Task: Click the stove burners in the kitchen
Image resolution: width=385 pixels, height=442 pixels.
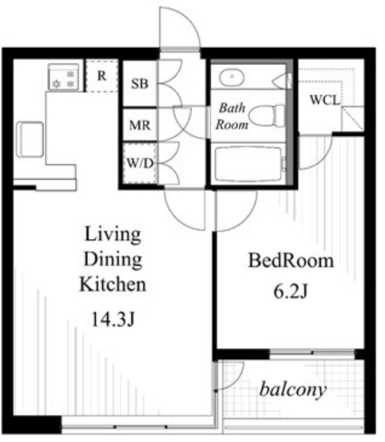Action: (64, 77)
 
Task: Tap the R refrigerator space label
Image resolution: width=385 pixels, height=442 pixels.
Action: (102, 76)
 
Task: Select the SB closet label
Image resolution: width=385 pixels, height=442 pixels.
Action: (140, 84)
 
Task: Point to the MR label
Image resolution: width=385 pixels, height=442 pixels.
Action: (140, 125)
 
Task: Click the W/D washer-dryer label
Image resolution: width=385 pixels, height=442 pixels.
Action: (140, 163)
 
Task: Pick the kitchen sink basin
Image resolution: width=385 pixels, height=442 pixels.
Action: (30, 139)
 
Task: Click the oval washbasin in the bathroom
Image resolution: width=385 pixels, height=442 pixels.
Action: (232, 77)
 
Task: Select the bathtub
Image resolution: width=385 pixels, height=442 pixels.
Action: (249, 164)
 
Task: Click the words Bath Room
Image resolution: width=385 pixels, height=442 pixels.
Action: (232, 116)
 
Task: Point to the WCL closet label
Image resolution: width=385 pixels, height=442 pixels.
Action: (325, 100)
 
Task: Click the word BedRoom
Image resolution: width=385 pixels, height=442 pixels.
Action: (291, 260)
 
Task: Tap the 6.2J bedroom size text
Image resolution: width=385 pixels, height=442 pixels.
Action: (291, 291)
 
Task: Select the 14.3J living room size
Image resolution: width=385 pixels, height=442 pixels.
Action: (113, 319)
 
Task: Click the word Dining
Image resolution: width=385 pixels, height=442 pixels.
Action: (113, 260)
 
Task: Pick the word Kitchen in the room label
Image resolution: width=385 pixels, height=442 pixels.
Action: (113, 284)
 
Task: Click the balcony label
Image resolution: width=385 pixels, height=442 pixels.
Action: (293, 390)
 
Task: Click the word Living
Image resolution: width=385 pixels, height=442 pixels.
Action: (113, 234)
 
